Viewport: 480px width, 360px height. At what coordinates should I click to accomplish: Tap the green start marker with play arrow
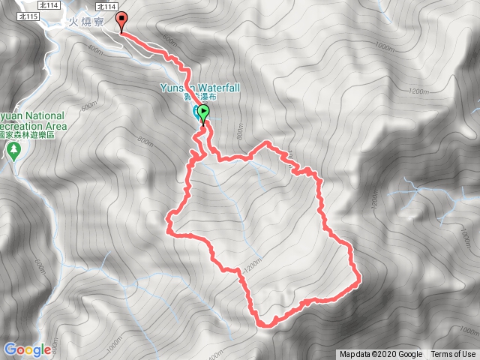click(x=202, y=113)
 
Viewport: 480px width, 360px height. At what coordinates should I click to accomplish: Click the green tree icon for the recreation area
click(x=13, y=150)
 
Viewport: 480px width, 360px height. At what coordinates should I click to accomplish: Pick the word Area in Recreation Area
click(x=55, y=126)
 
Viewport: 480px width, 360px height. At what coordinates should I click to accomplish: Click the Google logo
click(x=27, y=349)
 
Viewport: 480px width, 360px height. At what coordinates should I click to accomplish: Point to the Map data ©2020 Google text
click(x=380, y=355)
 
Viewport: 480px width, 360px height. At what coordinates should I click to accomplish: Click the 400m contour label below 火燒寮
click(x=94, y=49)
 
